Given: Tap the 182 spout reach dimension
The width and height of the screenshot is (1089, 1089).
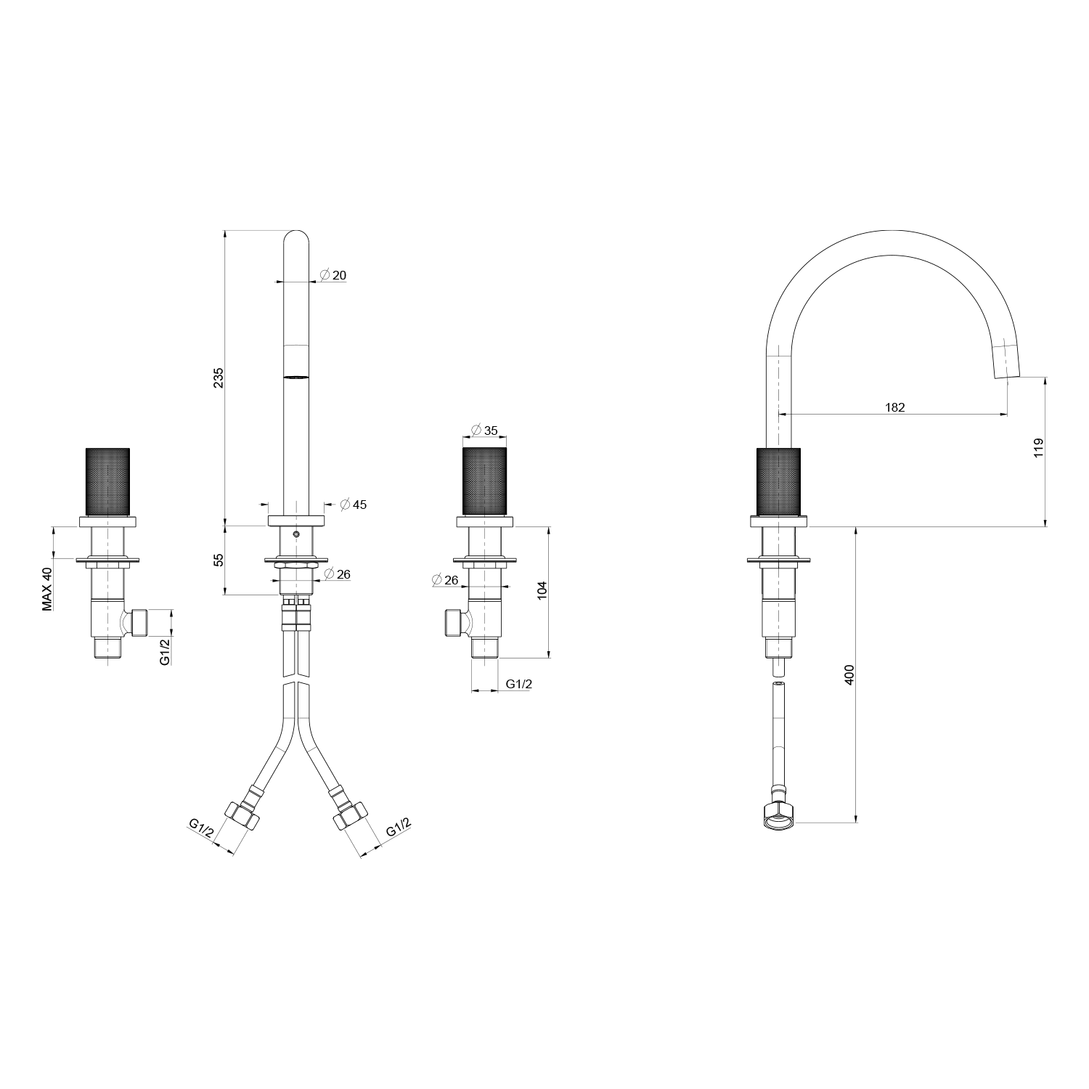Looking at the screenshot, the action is (x=895, y=407).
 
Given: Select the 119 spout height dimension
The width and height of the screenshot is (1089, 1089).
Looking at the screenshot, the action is (x=1038, y=447).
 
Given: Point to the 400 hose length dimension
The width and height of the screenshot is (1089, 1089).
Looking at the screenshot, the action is (x=850, y=675).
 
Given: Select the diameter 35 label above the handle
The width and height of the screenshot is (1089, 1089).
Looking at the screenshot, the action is (x=484, y=431).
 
